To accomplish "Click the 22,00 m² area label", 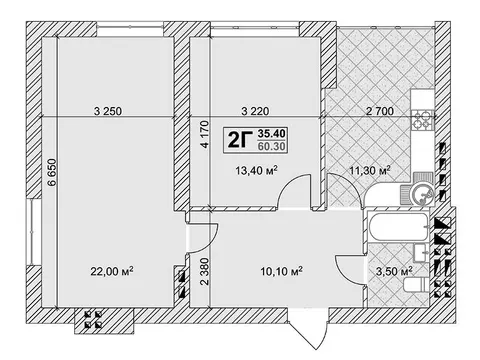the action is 112,271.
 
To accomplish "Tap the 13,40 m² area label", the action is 257,171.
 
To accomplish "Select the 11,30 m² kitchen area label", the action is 370,171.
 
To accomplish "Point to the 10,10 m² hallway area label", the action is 282,271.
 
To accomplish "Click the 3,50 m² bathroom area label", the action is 394,271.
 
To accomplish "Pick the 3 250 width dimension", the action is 108,111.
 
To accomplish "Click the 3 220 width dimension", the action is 255,111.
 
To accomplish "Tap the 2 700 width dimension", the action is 380,111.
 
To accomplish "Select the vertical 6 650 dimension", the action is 53,172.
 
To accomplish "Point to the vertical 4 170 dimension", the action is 205,134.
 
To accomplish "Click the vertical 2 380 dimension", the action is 205,271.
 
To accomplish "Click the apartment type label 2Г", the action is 239,139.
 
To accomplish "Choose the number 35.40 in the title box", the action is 272,134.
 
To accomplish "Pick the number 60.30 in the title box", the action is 272,146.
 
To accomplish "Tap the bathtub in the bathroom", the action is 398,227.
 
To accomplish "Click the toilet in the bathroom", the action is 415,286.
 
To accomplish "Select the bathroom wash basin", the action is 421,253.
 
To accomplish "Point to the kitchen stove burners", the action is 422,120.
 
